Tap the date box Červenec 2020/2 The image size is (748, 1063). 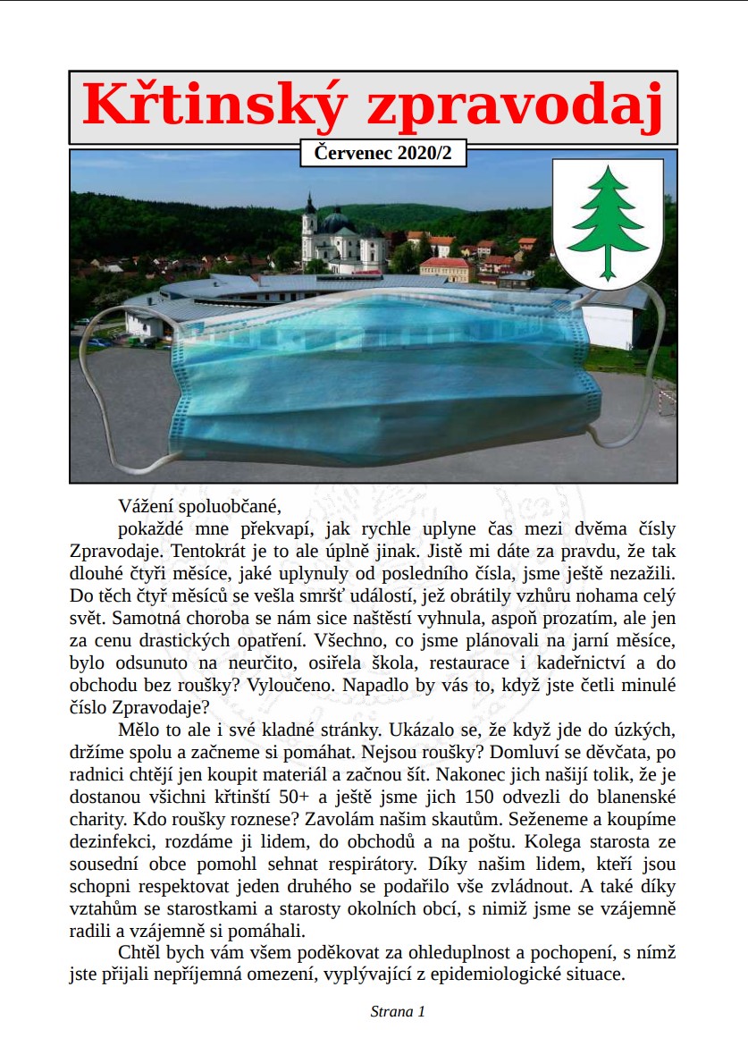tap(383, 153)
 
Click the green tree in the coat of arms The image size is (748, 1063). tap(608, 222)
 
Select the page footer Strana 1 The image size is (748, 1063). tap(398, 1011)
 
